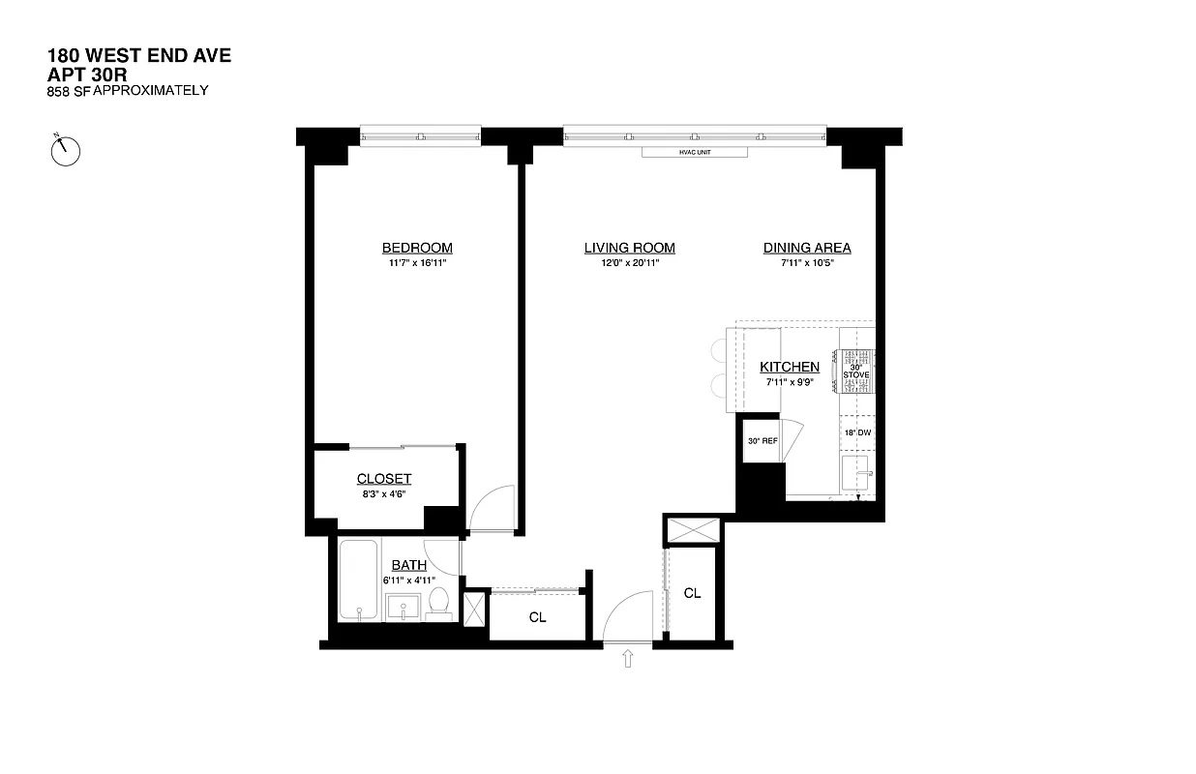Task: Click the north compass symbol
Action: pos(66,149)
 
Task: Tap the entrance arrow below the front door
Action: pos(628,659)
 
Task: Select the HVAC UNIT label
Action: pos(695,152)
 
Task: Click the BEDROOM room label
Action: pos(416,248)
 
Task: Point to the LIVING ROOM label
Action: pos(629,248)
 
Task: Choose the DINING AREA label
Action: pos(807,248)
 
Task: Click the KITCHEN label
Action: pos(790,367)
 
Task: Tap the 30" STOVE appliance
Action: pos(856,371)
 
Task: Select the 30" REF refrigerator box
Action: pos(762,440)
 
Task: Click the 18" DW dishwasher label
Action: pos(856,432)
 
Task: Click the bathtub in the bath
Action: pos(360,580)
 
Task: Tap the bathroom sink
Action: pos(404,607)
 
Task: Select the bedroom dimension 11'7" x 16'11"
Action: pos(416,263)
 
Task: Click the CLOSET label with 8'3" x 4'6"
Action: pos(384,479)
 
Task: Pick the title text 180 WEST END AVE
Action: pos(139,55)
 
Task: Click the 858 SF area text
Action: pos(68,91)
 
